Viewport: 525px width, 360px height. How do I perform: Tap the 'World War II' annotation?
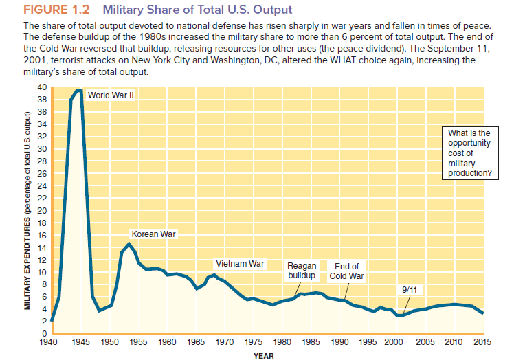pyautogui.click(x=110, y=95)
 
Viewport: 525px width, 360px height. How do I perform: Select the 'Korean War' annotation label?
pyautogui.click(x=153, y=234)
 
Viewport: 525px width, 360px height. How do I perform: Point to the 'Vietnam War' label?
pyautogui.click(x=240, y=263)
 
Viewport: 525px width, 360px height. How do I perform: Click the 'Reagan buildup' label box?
pyautogui.click(x=302, y=271)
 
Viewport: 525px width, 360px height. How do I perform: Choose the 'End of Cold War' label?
pyautogui.click(x=346, y=271)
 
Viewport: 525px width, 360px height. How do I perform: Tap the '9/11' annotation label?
pyautogui.click(x=407, y=290)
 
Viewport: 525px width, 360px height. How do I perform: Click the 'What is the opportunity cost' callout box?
pyautogui.click(x=469, y=153)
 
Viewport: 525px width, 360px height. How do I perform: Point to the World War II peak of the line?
pyautogui.click(x=79, y=91)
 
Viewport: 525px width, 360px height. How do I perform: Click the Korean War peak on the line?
pyautogui.click(x=129, y=243)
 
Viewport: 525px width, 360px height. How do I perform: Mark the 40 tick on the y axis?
pyautogui.click(x=42, y=87)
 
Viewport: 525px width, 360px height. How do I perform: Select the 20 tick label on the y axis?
pyautogui.click(x=42, y=210)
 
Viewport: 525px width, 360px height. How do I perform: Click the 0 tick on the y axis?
pyautogui.click(x=44, y=333)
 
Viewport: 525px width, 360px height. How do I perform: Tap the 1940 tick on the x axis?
pyautogui.click(x=51, y=341)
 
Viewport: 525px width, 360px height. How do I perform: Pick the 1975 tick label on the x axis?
pyautogui.click(x=252, y=341)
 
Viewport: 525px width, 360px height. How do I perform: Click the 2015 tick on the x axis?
pyautogui.click(x=482, y=341)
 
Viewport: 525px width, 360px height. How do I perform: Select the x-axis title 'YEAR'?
pyautogui.click(x=264, y=355)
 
